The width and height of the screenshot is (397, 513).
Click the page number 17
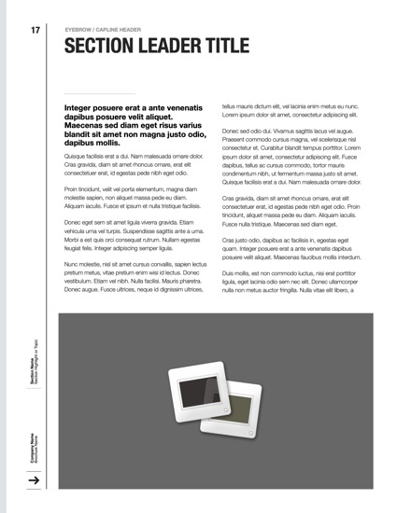point(35,31)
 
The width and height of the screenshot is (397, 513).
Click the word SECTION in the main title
point(101,48)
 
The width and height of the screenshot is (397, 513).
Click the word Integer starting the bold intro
point(81,108)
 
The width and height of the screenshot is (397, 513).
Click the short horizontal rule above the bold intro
point(99,94)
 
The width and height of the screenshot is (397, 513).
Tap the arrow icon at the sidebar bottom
point(35,480)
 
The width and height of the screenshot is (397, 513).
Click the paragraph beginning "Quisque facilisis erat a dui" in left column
point(131,164)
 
